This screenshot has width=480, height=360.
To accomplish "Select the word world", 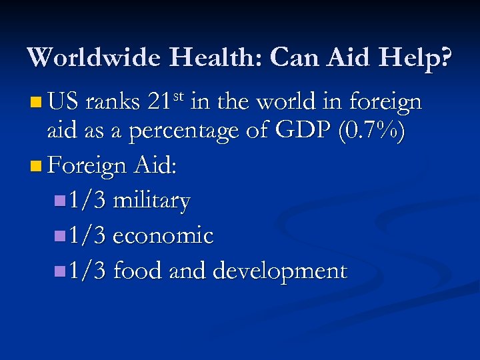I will pyautogui.click(x=293, y=103).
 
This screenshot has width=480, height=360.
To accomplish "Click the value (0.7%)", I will pyautogui.click(x=371, y=133).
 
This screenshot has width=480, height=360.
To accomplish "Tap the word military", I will pyautogui.click(x=151, y=201).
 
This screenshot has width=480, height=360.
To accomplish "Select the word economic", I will pyautogui.click(x=163, y=235).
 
